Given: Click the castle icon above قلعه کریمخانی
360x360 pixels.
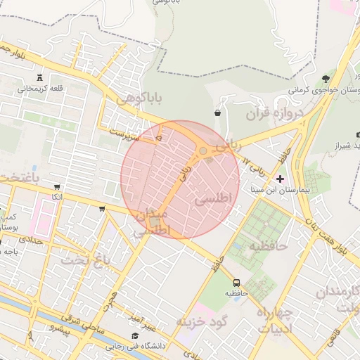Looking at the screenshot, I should [40, 77].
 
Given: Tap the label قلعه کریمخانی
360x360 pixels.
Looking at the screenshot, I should [40, 89].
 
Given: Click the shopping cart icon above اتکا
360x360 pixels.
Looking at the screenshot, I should [56, 187].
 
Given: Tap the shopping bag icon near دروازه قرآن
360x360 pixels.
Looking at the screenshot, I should [217, 112].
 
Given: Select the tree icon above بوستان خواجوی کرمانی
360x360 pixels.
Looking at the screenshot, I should [325, 78].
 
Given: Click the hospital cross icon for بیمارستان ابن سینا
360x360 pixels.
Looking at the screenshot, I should [281, 179].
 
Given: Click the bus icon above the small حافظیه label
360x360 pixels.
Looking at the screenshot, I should [236, 282].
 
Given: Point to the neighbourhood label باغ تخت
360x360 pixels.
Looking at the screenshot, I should [84, 261].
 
